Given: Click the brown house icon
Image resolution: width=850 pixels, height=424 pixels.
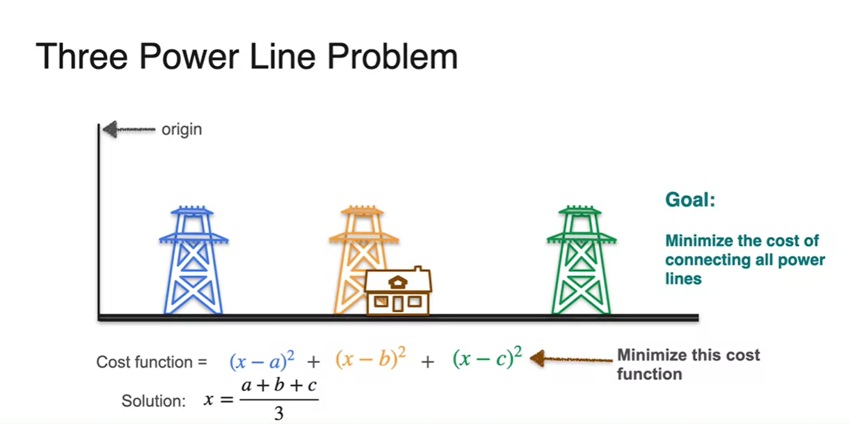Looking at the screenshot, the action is coord(398,292).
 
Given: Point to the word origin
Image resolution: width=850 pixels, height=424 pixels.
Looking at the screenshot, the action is coord(181,129).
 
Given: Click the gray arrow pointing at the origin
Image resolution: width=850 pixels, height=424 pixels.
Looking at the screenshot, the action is coord(128,130).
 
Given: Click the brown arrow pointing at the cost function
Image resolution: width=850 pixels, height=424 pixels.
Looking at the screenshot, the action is coord(570,358).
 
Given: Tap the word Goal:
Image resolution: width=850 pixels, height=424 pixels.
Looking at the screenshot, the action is coord(690,199).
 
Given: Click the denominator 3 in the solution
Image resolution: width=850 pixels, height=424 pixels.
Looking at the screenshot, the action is coord(279,414).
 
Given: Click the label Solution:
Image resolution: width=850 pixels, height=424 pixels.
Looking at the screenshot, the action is coord(154,402).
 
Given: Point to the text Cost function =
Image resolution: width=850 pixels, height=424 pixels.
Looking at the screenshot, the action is coord(152,362).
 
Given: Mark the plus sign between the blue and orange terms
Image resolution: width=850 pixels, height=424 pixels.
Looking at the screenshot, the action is coord(313,362).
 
